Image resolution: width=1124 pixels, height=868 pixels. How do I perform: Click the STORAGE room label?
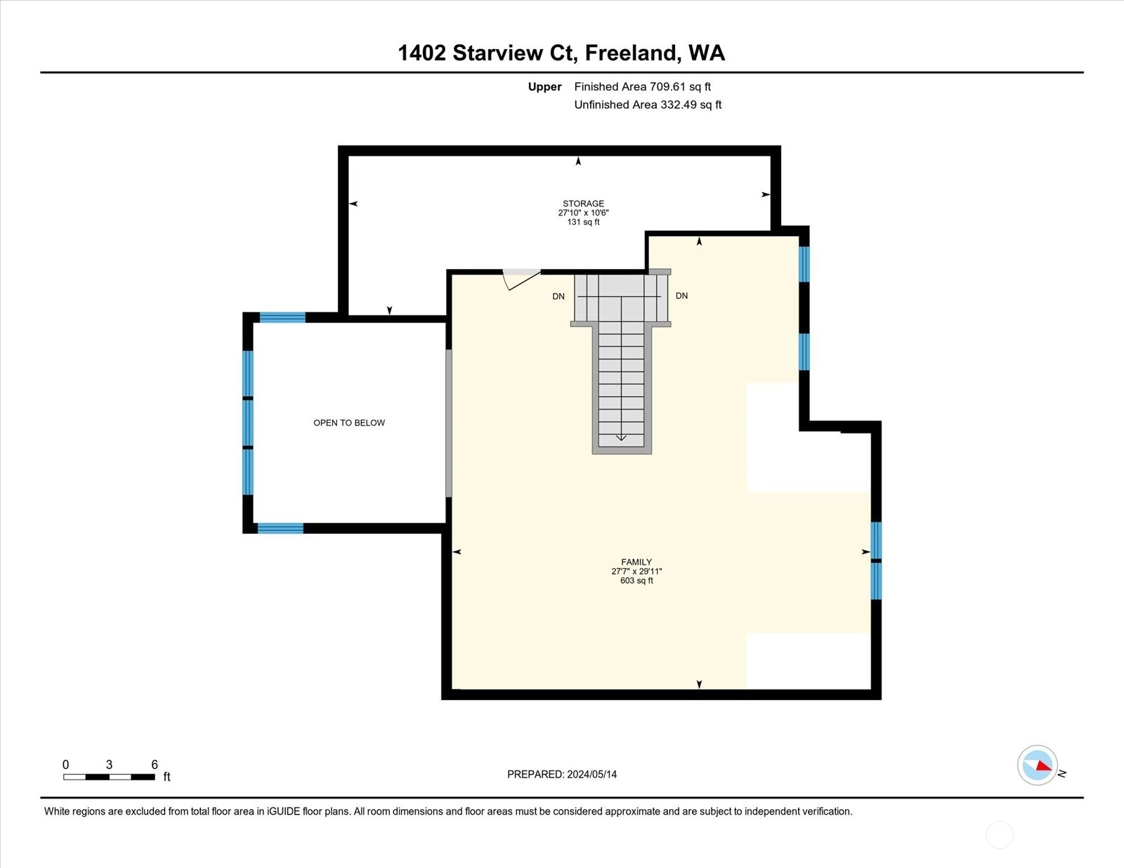583,204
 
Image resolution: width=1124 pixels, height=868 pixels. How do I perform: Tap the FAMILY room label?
636,562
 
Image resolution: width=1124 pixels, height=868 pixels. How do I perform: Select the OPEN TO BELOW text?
349,423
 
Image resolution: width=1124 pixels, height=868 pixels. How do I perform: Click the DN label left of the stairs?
558,296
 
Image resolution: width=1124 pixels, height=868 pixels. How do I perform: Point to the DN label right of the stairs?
681,296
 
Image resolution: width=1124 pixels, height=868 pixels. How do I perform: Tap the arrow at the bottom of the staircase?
621,438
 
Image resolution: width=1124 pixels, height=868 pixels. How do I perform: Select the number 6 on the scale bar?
154,765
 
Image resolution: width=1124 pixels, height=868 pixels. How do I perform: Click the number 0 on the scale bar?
66,765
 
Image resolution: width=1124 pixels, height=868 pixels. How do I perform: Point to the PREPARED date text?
562,775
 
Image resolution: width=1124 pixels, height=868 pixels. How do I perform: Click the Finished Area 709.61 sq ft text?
642,87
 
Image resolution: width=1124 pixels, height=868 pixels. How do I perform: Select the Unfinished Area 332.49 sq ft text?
648,105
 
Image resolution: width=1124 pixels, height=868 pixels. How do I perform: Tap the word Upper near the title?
544,87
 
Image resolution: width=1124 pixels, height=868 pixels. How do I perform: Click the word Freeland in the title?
633,53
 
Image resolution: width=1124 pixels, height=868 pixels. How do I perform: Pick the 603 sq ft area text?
636,581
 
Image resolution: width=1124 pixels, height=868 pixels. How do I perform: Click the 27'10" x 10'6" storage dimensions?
583,213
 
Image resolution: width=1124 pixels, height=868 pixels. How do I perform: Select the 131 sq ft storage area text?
583,223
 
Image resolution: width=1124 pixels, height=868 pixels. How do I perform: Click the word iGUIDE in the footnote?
283,812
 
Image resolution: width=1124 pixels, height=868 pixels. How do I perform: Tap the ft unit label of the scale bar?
166,777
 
